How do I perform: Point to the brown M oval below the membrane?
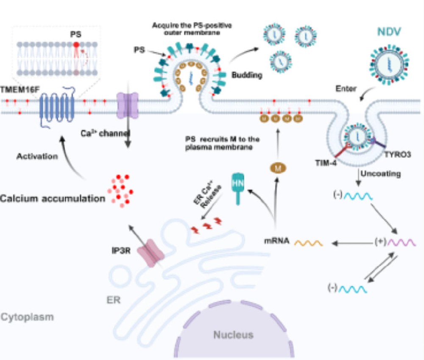(x=278, y=169)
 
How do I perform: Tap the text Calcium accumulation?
(x=53, y=198)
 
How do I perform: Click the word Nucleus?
(x=233, y=335)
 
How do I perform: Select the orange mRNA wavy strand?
(x=309, y=243)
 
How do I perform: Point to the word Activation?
(x=37, y=156)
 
